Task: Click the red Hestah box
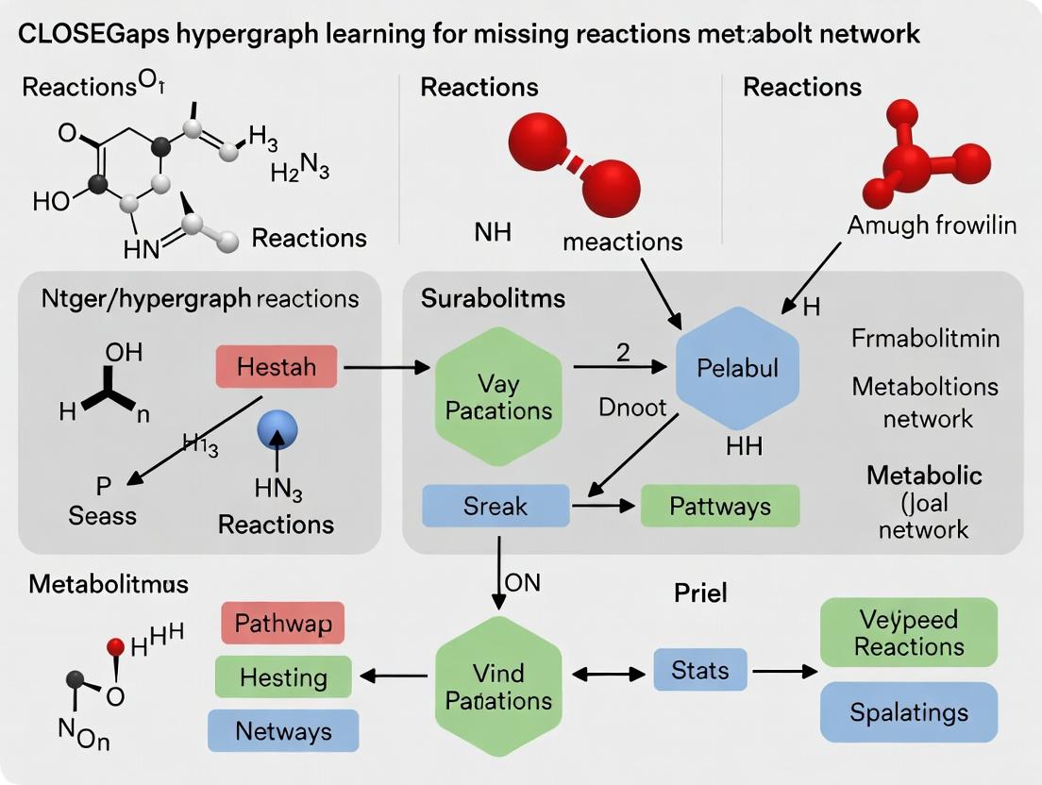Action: (x=277, y=366)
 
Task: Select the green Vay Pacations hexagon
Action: (x=498, y=396)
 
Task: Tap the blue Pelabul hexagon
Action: (x=738, y=368)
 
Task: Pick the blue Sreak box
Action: (x=496, y=506)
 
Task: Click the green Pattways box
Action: (x=719, y=506)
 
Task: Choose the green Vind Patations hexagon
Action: (x=498, y=687)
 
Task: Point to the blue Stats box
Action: (x=700, y=671)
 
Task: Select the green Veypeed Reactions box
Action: (x=909, y=632)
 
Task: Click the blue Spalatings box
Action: (x=909, y=711)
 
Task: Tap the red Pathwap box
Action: (x=282, y=624)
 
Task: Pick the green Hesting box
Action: (x=283, y=677)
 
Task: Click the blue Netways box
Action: (x=283, y=731)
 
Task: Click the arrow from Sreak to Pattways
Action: (x=604, y=507)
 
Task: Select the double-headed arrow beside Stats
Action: (x=603, y=674)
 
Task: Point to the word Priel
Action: (x=700, y=593)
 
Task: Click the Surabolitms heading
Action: (x=493, y=299)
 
